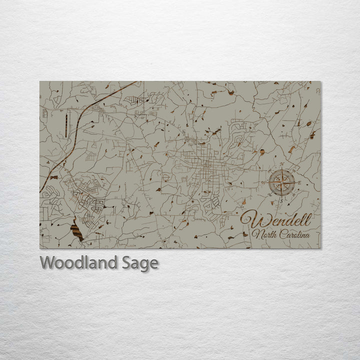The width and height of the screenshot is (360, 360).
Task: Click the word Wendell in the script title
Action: point(276,219)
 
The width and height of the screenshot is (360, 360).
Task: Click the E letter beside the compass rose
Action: point(299,183)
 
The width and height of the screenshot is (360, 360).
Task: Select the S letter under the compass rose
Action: point(281,200)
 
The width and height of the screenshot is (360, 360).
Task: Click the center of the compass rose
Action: point(281,183)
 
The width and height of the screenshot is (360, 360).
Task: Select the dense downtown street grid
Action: point(206,167)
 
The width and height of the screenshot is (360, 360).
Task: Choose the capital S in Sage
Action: point(126,262)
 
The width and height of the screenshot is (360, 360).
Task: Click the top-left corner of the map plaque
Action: point(40,82)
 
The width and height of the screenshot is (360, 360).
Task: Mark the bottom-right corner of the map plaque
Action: point(321,248)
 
